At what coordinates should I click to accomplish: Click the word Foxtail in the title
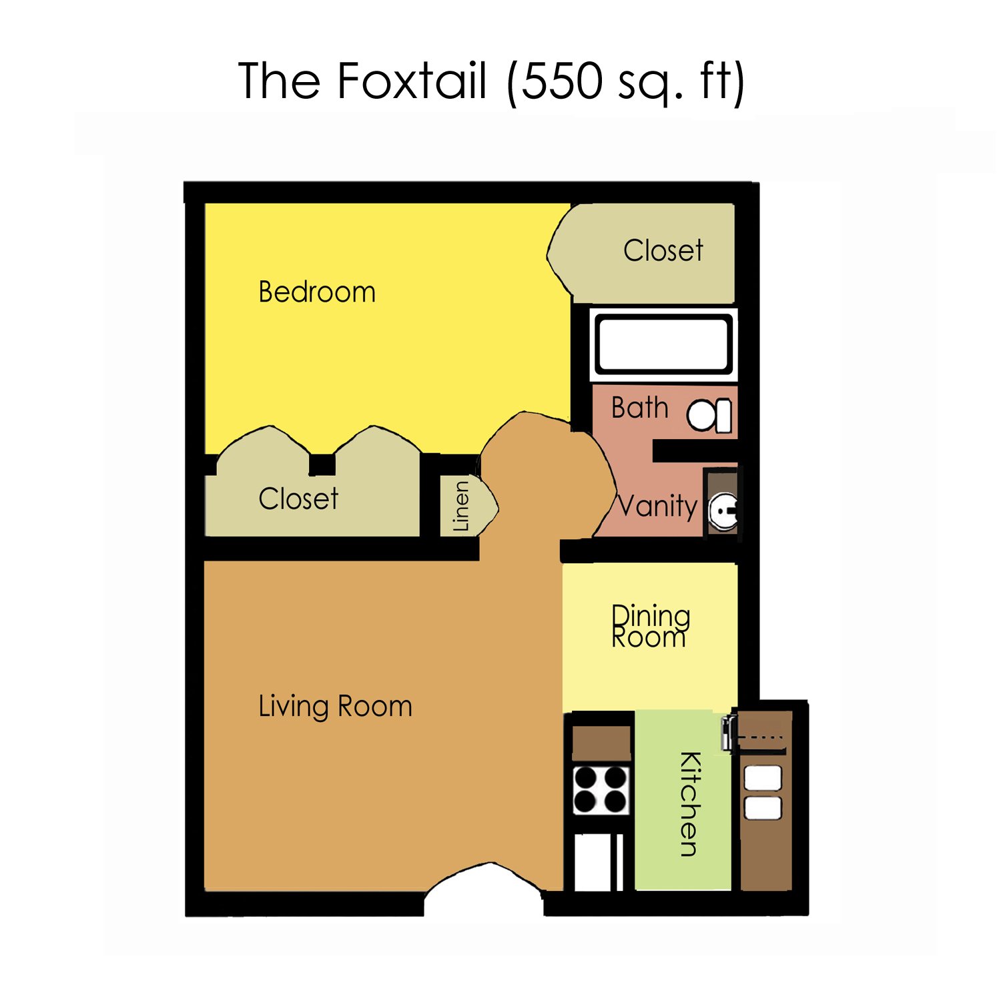[412, 81]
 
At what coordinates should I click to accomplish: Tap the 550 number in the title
[561, 81]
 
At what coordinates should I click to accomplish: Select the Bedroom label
[317, 292]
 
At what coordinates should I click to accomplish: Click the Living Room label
[335, 707]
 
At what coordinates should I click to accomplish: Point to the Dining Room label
[651, 626]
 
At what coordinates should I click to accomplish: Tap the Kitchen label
[690, 804]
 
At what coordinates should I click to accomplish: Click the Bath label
[639, 408]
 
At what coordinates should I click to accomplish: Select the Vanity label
[657, 506]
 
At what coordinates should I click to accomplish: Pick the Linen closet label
[461, 507]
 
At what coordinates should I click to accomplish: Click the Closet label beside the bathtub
[663, 251]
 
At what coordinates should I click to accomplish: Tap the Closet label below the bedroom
[298, 498]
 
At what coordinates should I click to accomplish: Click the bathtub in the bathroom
[663, 344]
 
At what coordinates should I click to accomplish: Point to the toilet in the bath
[709, 415]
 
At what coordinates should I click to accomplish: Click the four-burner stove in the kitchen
[601, 789]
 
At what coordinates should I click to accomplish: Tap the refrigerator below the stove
[599, 862]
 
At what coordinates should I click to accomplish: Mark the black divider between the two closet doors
[322, 464]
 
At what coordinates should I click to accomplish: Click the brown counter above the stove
[601, 743]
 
